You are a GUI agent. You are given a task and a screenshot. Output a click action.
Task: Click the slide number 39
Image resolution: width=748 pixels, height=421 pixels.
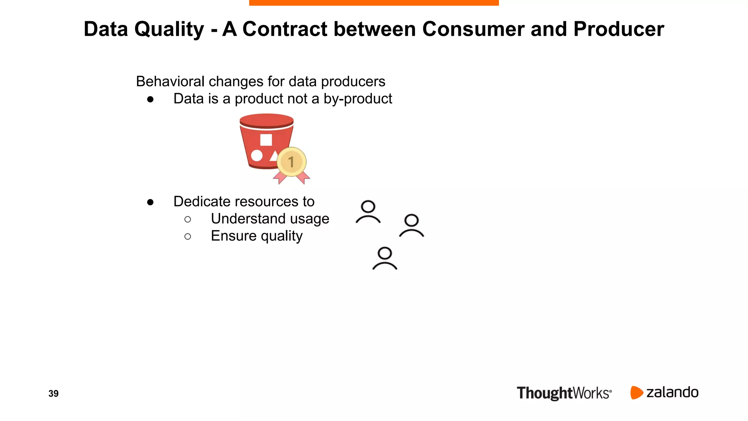[x=53, y=394]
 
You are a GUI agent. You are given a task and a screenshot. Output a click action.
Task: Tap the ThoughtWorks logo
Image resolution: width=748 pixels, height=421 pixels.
[x=564, y=393]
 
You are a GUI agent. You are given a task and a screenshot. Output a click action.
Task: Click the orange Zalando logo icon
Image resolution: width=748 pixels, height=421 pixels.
[x=636, y=392]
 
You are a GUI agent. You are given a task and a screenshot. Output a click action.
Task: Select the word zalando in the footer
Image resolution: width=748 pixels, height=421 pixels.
[x=672, y=392]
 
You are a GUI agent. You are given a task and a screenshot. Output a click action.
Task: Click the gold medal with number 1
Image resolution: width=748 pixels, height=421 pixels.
[x=291, y=162]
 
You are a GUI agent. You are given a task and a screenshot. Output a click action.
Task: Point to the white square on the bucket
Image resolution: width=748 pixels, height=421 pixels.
[x=266, y=140]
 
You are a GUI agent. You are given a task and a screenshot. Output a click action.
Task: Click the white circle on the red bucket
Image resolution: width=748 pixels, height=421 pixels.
[x=257, y=156]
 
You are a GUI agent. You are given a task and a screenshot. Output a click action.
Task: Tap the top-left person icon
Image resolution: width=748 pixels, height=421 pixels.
[x=368, y=212]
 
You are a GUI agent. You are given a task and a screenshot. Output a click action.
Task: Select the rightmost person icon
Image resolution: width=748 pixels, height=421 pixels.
[x=412, y=225]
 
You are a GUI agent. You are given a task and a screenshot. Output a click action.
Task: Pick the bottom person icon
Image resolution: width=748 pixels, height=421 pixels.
[x=385, y=258]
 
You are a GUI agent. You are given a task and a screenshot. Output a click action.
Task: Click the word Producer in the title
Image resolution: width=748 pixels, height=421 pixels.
[x=618, y=29]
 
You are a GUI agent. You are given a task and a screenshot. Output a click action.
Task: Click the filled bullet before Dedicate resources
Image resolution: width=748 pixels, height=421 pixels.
[x=150, y=202]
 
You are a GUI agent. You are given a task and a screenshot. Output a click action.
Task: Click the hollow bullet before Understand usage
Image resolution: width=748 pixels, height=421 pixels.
[x=188, y=219]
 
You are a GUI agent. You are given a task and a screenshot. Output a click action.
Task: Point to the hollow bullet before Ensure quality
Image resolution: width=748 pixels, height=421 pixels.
[x=188, y=236]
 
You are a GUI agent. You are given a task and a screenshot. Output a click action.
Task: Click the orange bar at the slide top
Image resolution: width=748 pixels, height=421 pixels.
[x=374, y=3]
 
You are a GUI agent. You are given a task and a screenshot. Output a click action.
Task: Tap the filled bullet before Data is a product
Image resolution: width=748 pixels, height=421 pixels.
[x=150, y=99]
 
